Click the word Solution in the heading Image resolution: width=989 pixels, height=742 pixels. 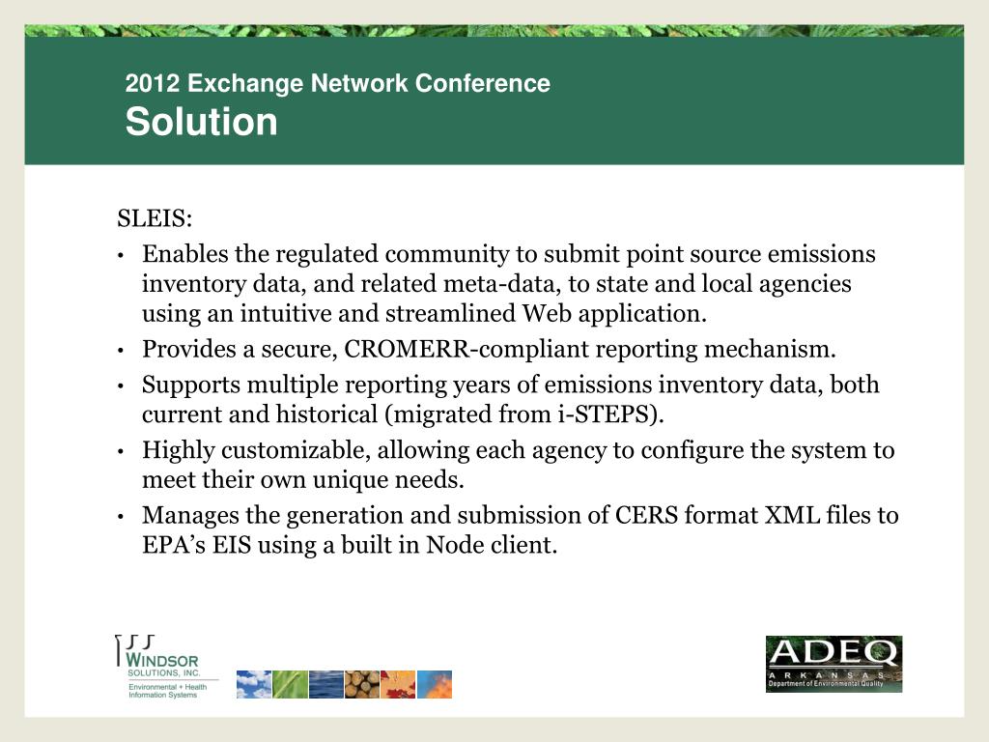tap(201, 123)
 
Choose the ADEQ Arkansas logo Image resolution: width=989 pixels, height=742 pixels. tap(834, 664)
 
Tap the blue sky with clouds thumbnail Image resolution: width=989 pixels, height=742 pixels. tap(253, 684)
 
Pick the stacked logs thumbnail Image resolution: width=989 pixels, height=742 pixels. tap(361, 684)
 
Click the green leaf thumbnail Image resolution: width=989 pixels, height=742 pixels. tap(290, 684)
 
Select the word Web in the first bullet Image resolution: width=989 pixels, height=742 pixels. tap(544, 314)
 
